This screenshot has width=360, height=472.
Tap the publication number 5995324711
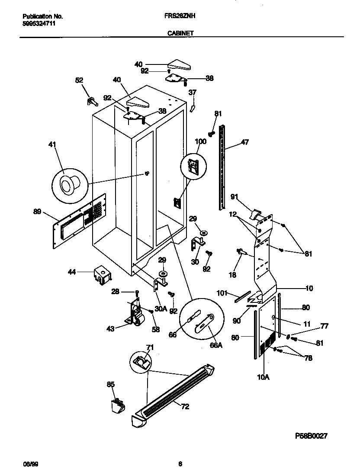pos(39,23)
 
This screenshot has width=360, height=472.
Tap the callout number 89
pos(37,212)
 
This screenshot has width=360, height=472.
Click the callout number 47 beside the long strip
pos(245,142)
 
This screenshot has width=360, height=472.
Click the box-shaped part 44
pos(101,275)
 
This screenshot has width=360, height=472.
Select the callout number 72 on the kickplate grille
pos(185,407)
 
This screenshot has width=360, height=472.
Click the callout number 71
pos(149,347)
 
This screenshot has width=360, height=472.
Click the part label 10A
pos(263,377)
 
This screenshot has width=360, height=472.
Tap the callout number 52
pos(79,80)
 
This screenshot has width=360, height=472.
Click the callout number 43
pos(110,329)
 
